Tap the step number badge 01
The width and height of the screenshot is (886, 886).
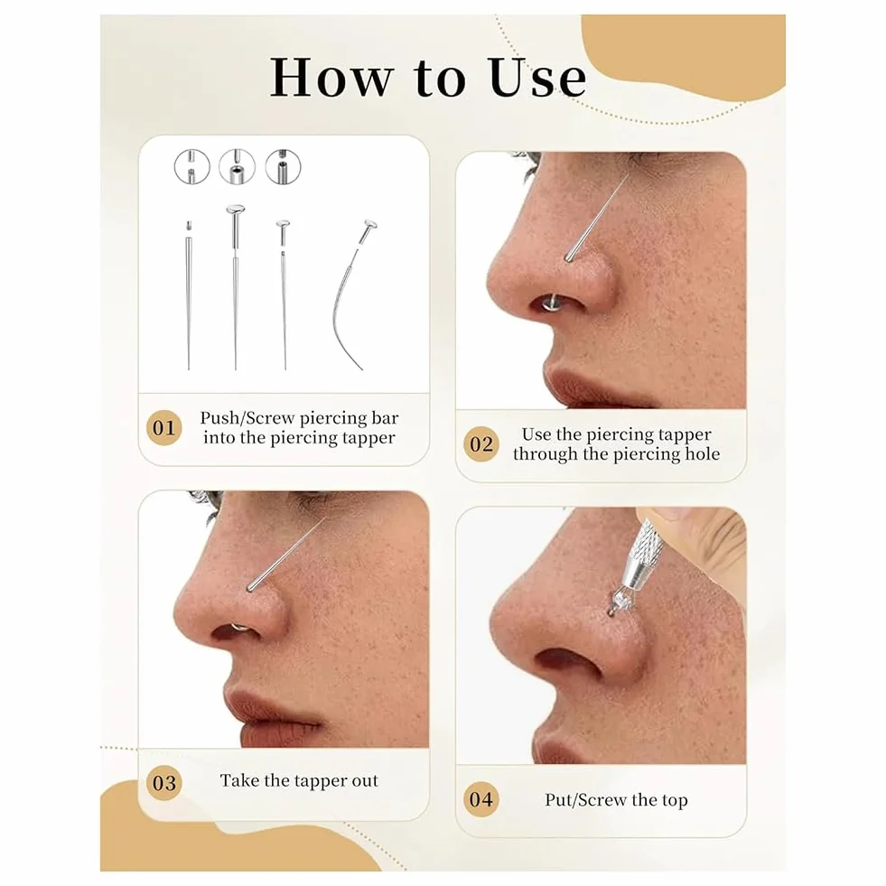[x=163, y=428]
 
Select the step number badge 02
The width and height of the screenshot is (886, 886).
[x=480, y=444]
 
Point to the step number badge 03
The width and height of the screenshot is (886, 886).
[x=163, y=783]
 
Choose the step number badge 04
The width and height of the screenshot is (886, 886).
[x=480, y=799]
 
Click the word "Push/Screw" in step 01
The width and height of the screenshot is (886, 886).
[x=247, y=418]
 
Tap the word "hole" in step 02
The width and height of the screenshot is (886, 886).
[x=703, y=453]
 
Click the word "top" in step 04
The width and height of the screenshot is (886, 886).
[x=675, y=800]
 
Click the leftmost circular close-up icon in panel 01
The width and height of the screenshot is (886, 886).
[x=192, y=167]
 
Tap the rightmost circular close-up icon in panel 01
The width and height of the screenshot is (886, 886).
[x=283, y=167]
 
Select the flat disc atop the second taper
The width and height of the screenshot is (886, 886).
[x=236, y=210]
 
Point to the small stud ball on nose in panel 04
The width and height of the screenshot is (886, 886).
[x=611, y=611]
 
